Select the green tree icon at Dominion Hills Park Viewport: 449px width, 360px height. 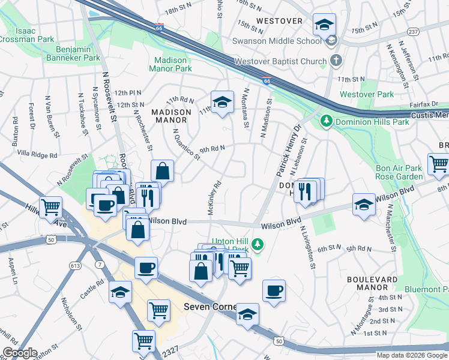326,121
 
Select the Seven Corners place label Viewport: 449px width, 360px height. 207,307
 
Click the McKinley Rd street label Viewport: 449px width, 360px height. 215,199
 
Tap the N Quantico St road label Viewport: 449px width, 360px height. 185,144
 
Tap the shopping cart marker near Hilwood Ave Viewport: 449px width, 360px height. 51,207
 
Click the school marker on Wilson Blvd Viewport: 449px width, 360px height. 364,204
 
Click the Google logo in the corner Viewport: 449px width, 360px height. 20,353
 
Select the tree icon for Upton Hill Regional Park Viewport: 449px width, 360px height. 258,244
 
